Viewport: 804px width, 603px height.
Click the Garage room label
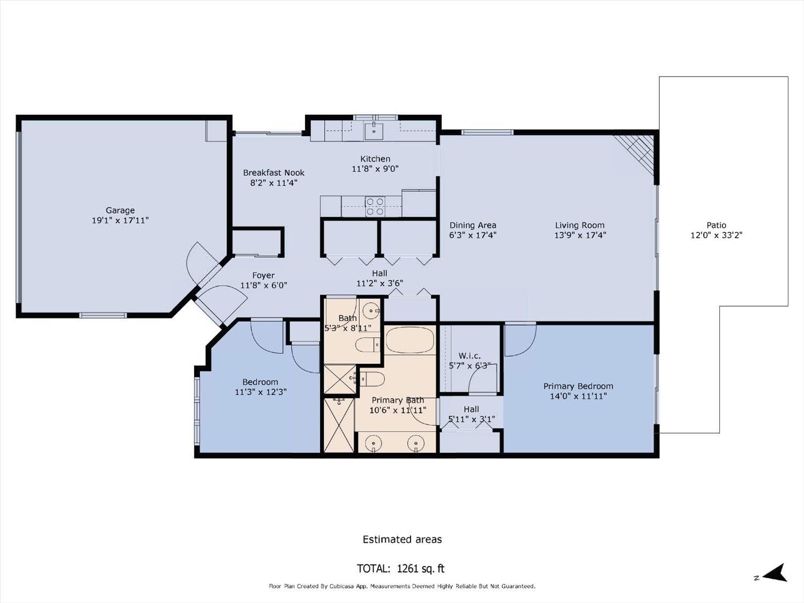(x=120, y=211)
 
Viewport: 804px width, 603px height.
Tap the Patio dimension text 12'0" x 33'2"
(x=716, y=235)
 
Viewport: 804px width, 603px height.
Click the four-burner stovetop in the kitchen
(x=375, y=206)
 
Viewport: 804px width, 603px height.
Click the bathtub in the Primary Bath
(x=410, y=340)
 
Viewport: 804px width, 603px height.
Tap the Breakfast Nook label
(x=273, y=173)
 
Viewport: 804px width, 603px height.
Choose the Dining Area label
(x=473, y=225)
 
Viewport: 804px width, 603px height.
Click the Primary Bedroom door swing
(x=520, y=340)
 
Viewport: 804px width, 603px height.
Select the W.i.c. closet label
(x=469, y=355)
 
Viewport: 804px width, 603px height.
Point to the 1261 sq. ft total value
(x=421, y=569)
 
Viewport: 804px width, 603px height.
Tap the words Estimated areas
(x=402, y=539)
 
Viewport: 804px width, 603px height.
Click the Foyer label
(x=263, y=276)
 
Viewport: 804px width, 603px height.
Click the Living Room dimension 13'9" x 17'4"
(x=580, y=235)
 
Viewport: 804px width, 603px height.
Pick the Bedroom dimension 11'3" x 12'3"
(x=260, y=392)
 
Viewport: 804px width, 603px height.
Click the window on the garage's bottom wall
(x=103, y=315)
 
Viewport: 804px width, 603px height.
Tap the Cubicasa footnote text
(x=402, y=586)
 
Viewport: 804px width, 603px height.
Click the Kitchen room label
(x=375, y=159)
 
